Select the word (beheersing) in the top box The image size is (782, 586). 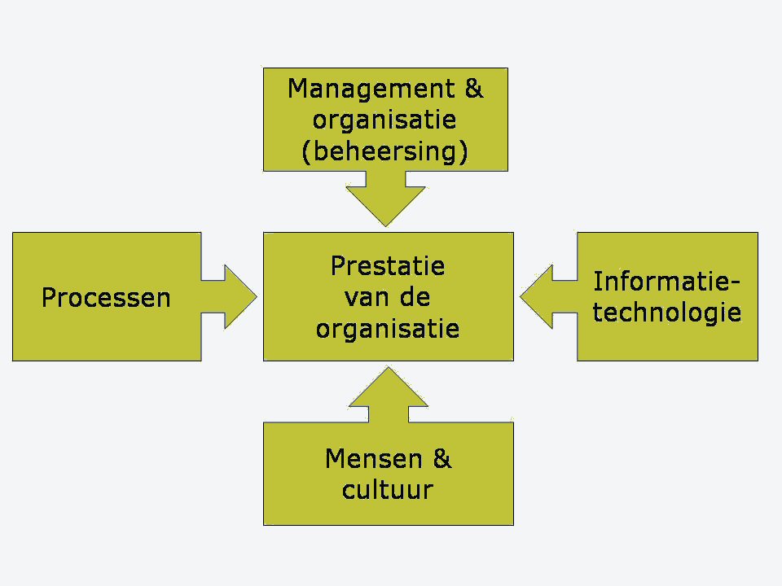click(385, 152)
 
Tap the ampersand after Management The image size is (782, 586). click(474, 89)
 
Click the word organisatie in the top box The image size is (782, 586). click(385, 120)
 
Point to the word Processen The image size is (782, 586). click(106, 298)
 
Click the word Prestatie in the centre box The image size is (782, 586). click(388, 266)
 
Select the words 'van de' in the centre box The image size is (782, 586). click(388, 297)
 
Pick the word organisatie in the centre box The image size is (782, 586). click(388, 329)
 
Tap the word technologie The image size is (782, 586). click(666, 313)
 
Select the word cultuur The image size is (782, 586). click(388, 490)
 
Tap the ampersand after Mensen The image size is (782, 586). click(442, 459)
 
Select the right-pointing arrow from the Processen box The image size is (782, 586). click(231, 297)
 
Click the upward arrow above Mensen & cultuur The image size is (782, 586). click(389, 393)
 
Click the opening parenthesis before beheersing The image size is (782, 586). click(306, 152)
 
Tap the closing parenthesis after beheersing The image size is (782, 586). click(463, 152)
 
